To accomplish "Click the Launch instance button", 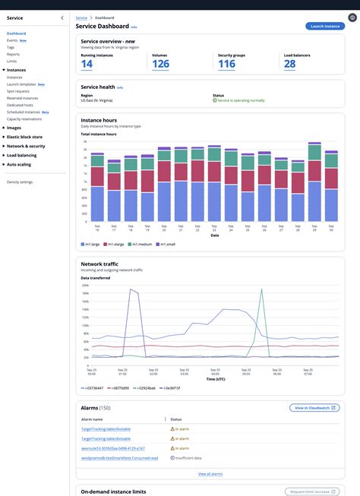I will point(324,26).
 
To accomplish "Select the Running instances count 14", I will point(87,64).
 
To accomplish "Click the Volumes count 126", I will point(160,64).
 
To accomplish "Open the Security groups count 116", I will point(226,64).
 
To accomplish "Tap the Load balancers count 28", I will point(289,64).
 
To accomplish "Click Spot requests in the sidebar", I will point(19,91).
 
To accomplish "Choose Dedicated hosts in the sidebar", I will point(21,105).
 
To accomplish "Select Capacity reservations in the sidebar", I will point(25,118).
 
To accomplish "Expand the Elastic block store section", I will point(25,137).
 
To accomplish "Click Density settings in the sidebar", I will point(20,182).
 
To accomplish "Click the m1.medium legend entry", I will point(141,244).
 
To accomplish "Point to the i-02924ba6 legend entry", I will point(143,387).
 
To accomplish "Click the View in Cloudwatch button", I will point(315,408).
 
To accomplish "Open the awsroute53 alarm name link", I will point(112,448).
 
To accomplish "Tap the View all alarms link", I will point(210,473).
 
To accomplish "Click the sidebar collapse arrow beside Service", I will point(62,17).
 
